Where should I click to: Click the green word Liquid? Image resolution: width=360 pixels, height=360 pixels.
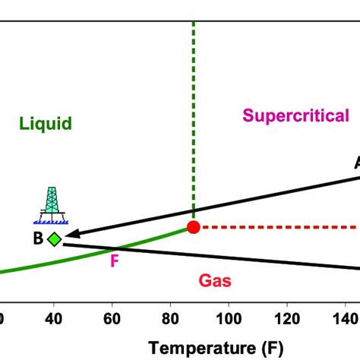[x=46, y=123]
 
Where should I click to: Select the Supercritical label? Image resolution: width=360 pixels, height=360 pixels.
[x=295, y=115]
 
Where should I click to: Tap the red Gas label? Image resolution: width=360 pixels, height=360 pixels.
[x=215, y=281]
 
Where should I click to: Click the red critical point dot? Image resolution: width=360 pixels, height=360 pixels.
[x=194, y=226]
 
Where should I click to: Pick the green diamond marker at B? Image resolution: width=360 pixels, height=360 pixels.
[x=54, y=239]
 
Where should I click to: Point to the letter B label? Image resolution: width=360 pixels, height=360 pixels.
[x=37, y=239]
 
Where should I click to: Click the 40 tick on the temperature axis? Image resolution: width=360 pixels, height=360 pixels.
[x=53, y=317]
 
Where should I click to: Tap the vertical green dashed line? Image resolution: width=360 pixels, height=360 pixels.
[x=194, y=114]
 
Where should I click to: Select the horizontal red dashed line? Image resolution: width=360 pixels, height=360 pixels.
[x=281, y=226]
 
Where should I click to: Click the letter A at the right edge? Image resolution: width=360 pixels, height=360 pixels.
[x=355, y=163]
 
